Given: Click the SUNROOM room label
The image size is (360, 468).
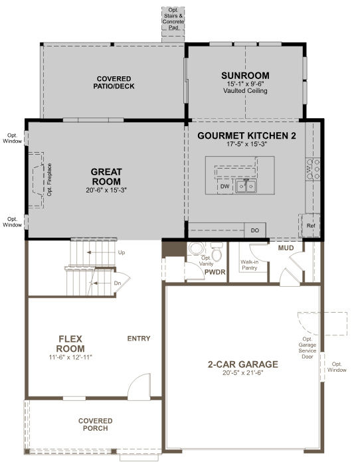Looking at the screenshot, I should (244, 75).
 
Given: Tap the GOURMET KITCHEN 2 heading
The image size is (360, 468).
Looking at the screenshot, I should (246, 135).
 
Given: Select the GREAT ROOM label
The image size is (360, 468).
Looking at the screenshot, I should (106, 177).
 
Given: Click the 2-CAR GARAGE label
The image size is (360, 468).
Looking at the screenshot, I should (243, 364).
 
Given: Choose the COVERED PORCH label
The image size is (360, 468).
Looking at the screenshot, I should (96, 425).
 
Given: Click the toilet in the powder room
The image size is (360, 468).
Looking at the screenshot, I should (197, 249).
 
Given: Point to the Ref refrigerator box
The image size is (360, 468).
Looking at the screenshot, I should (310, 226).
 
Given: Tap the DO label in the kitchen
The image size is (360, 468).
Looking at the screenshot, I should (254, 230).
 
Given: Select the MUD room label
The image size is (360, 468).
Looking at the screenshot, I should (286, 248).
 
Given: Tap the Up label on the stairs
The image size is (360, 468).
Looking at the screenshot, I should (121, 253).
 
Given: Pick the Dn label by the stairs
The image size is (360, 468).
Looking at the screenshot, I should (117, 283).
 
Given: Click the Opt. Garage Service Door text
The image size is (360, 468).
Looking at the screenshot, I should (308, 346).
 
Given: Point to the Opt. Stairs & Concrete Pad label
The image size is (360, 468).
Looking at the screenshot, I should (175, 18).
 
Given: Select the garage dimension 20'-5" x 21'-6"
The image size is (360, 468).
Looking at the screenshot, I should (243, 374).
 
